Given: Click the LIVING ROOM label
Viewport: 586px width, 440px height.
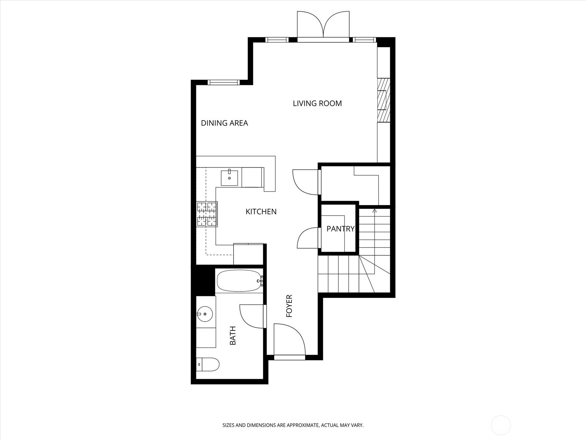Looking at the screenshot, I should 317,103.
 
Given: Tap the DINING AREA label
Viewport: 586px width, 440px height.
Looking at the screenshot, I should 224,123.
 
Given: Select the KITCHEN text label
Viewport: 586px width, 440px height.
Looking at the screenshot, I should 261,212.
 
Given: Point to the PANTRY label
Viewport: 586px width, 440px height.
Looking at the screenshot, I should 340,229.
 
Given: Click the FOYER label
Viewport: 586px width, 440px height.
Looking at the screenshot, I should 289,306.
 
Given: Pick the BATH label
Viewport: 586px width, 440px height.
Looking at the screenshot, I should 233,335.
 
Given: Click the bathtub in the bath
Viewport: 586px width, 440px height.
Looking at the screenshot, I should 238,281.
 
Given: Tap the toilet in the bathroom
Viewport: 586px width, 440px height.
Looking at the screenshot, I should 208,364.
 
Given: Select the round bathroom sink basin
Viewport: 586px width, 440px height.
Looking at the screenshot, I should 204,313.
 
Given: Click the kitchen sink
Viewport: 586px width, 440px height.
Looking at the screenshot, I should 229,178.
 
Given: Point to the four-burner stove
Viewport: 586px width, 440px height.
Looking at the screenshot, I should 207,214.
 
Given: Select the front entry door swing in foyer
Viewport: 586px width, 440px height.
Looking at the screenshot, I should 289,339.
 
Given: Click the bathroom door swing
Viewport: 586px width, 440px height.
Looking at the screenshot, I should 252,316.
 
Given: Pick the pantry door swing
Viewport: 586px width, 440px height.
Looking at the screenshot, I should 309,238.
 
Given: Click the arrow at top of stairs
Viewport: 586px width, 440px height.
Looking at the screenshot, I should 374,211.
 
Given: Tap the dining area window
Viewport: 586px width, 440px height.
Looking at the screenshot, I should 223,82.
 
